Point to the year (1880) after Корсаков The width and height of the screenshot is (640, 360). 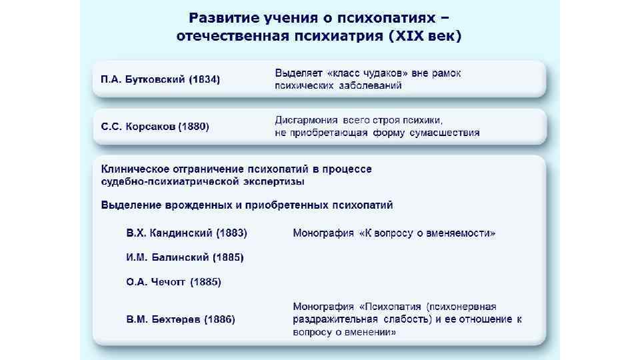tap(195, 127)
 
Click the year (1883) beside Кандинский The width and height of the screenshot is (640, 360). tap(232, 233)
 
